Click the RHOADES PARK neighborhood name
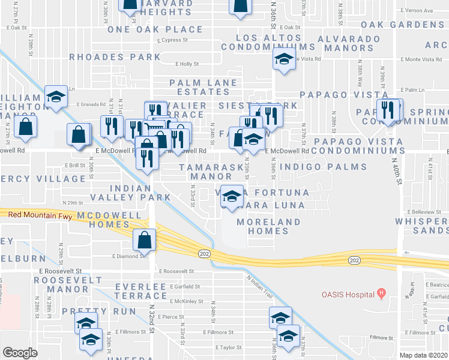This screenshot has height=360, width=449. tap(115, 57)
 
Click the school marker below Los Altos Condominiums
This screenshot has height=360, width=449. tap(284, 59)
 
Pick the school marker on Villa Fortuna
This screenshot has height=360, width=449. tap(231, 196)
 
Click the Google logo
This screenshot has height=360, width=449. tap(20, 353)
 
